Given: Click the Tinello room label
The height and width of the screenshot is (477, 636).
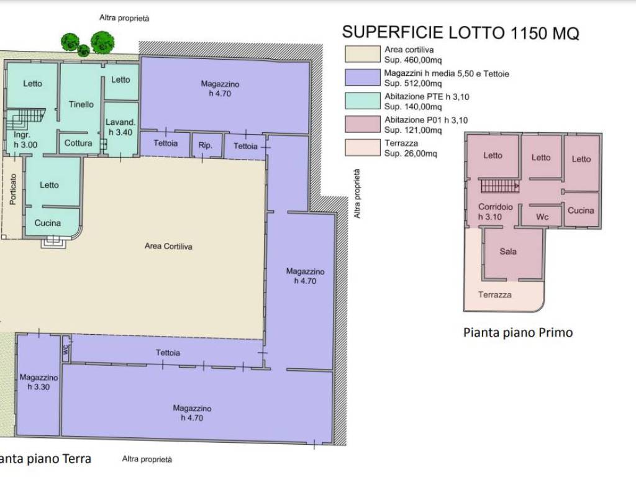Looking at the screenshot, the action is point(81,104).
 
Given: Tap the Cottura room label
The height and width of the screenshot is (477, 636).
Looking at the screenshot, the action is point(78,143).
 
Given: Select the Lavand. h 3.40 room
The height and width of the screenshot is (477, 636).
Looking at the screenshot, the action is point(120,129).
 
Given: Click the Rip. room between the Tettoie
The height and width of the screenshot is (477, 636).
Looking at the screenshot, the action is point(206,145).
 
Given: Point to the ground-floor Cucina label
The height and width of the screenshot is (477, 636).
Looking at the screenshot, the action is point(48,223).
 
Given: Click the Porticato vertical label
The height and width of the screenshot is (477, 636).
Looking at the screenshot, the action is point(13,189).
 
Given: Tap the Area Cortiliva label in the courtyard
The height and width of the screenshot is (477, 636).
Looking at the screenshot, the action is point(168,246).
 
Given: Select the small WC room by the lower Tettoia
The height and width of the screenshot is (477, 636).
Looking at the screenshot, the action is point(66,348).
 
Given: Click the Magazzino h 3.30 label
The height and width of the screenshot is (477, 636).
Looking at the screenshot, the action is point(39,382).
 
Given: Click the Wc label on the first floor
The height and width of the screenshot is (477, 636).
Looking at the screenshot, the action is point(542,217).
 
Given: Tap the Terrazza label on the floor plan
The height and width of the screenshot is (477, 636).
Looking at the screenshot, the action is point(494,295).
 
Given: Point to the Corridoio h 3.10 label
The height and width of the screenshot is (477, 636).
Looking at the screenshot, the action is point(495,212).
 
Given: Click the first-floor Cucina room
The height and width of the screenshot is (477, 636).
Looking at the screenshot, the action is point(581,209).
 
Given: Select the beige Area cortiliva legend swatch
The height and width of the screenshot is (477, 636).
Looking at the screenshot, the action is point(363,54).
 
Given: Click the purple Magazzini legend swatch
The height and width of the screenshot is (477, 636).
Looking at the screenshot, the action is point(363,77).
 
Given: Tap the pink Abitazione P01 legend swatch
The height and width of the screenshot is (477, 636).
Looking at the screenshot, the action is point(363,124).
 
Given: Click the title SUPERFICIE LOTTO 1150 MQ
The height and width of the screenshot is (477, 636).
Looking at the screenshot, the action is point(460,32).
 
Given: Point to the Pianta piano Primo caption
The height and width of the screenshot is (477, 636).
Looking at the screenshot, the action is point(518,333).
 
